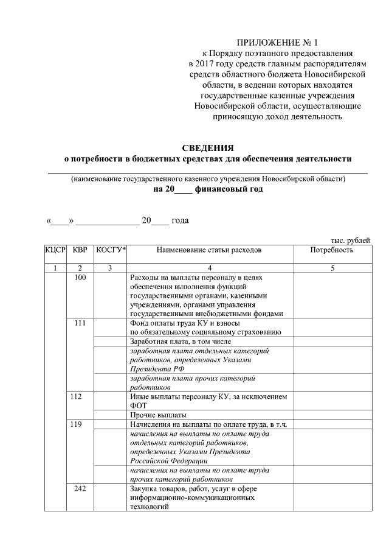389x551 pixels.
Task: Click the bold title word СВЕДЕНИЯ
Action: point(208,148)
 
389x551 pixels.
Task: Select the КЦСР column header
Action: point(55,250)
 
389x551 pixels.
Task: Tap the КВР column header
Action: point(80,250)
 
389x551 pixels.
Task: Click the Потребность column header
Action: point(331,250)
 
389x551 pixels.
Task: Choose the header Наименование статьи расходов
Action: point(208,250)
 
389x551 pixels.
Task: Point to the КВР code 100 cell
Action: point(80,278)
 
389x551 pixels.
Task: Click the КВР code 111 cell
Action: point(80,323)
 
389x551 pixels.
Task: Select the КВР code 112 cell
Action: point(80,397)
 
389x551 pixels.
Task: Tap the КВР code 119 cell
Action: point(80,424)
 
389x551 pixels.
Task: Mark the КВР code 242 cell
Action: point(80,488)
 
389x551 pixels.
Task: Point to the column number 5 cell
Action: point(332,268)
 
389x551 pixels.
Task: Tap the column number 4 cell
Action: point(208,268)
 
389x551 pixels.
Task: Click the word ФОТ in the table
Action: point(139,406)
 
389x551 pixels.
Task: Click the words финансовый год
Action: point(229,189)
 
